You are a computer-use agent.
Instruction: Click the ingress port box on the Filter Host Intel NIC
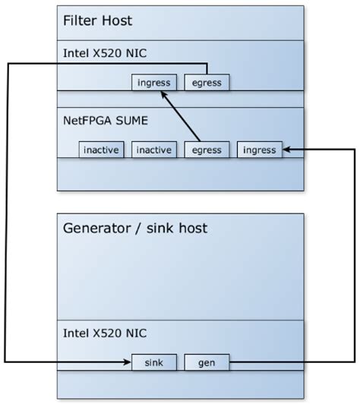pos(154,82)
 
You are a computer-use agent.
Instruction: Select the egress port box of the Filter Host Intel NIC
pos(207,82)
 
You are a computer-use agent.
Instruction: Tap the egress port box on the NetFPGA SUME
pos(207,150)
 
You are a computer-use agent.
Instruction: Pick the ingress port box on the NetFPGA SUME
pos(259,150)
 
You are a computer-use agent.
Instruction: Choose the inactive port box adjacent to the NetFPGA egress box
pos(154,150)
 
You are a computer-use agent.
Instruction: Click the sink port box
pos(154,362)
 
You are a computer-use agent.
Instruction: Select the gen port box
pos(207,362)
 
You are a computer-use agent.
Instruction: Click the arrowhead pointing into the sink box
pos(127,362)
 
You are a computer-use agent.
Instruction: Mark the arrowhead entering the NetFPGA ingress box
pos(286,150)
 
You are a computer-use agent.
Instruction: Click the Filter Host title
pos(96,21)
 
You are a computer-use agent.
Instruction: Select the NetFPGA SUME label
pos(106,120)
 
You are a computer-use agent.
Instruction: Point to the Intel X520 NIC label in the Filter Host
pos(101,52)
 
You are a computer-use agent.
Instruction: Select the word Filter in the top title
pos(80,21)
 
